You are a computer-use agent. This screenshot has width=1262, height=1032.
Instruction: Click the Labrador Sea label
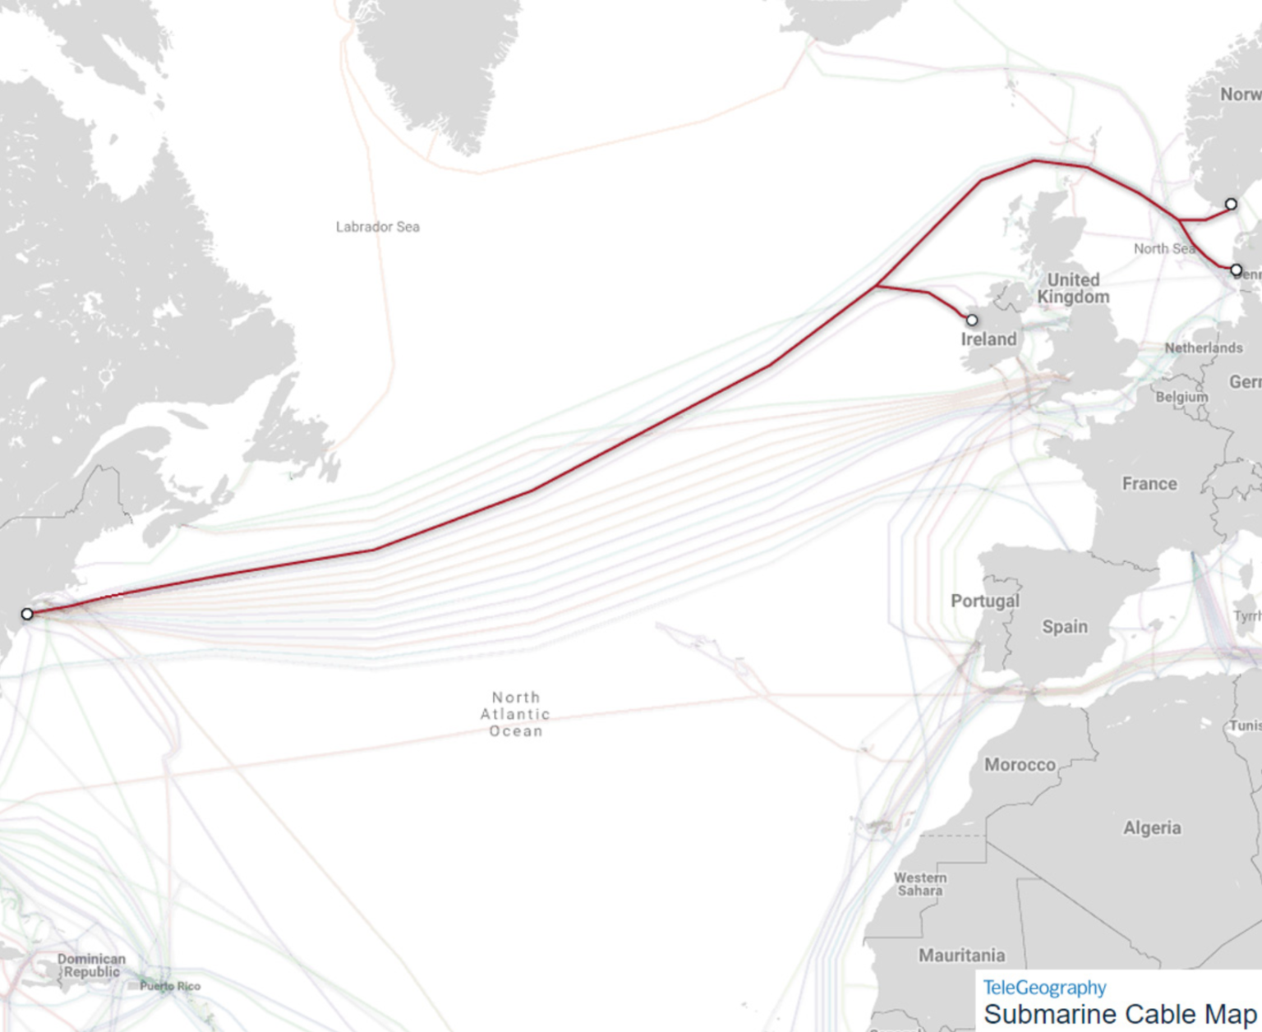pos(377,227)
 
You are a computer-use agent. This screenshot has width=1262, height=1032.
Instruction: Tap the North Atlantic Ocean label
pos(515,714)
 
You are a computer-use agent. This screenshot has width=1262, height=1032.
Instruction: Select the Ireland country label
pos(988,339)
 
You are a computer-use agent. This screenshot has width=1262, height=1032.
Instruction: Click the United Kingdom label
pos(1073,288)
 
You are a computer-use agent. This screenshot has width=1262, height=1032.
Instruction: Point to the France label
pos(1149,484)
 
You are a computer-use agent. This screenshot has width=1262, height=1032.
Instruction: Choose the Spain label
pos(1065,627)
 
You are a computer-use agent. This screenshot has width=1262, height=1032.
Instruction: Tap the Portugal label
pos(985,601)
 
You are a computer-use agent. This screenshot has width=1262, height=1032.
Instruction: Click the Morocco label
pos(1020,765)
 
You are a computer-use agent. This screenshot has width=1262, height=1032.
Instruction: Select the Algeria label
pos(1152,828)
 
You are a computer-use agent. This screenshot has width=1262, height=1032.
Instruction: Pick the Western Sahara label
pos(920,884)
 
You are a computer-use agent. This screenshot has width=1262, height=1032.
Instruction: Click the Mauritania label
pos(961,956)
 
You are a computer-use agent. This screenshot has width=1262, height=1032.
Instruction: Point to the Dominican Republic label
pos(91,965)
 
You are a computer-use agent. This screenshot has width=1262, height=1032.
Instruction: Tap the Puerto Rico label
pos(170,986)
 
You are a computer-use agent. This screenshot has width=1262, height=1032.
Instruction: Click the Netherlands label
pos(1203,348)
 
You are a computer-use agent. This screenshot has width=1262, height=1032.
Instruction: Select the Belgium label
pos(1181,397)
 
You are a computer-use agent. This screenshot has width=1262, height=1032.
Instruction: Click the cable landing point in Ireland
pos(972,320)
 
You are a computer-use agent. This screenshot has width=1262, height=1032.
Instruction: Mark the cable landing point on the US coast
pos(27,614)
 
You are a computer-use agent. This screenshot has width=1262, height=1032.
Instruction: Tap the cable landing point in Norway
pos(1231,204)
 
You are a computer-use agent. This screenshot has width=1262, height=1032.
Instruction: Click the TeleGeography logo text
pos(1044,988)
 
